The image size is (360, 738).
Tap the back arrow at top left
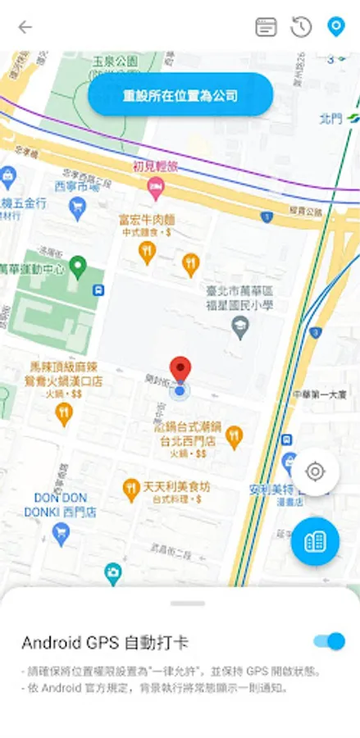click(25, 27)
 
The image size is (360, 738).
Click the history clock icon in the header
click(301, 27)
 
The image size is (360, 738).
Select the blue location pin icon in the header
click(335, 27)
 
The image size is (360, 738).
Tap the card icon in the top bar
click(266, 27)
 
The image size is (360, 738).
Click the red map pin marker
click(180, 371)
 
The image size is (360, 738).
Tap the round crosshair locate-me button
click(315, 471)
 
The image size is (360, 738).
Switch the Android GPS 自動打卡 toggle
click(328, 641)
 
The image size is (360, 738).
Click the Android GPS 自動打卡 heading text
click(104, 642)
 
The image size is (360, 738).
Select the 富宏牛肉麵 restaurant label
click(147, 220)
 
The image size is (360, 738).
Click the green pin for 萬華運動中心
click(78, 266)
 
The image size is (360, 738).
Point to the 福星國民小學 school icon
click(240, 330)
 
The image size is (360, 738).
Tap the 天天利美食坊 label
click(176, 486)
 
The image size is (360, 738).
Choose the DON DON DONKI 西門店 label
click(61, 504)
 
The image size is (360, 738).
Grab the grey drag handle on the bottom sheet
click(188, 604)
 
